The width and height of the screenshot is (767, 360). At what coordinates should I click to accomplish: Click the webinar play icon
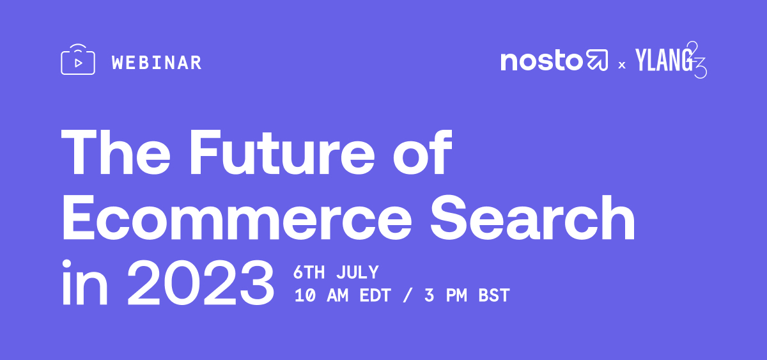pos(78,61)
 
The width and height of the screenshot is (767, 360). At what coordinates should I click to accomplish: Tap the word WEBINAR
pos(157,63)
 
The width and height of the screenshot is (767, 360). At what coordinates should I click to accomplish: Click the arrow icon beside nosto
pos(597,61)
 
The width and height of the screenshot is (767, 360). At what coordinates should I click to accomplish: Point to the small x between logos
pos(621,65)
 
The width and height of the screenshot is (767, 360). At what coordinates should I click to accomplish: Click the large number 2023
pos(201,281)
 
